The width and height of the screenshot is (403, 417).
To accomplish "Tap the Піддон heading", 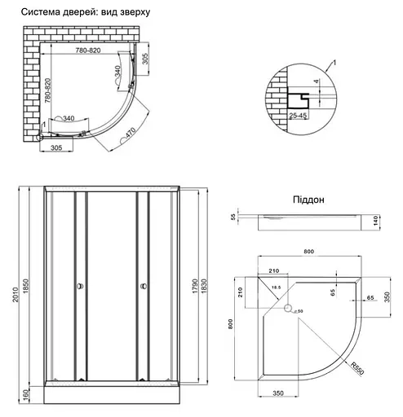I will pyautogui.click(x=308, y=199).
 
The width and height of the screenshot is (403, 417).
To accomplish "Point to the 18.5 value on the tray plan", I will pyautogui.click(x=278, y=287).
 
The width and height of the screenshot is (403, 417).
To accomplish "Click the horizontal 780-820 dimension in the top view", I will pyautogui.click(x=84, y=50).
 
